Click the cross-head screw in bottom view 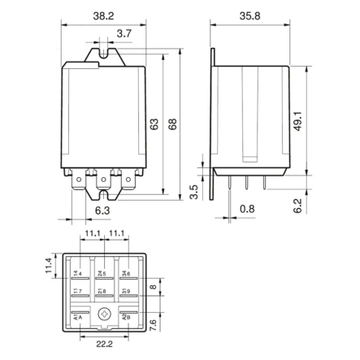pyautogui.click(x=103, y=316)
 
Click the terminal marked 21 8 pyautogui.click(x=103, y=291)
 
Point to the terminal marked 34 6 pyautogui.click(x=127, y=272)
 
